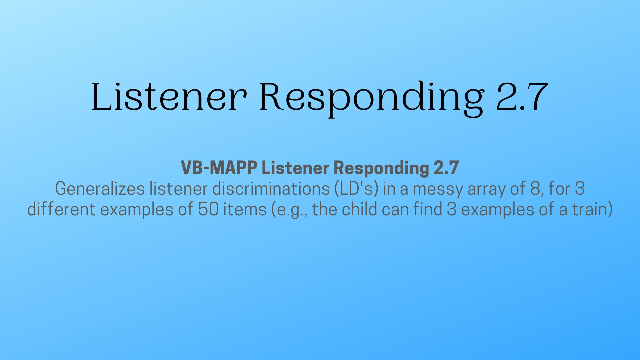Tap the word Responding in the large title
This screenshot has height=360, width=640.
pos(371,99)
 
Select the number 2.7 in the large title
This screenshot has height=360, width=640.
pos(522,97)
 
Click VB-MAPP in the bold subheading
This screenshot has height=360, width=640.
pos(219,167)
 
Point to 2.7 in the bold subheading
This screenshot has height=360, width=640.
pos(446,167)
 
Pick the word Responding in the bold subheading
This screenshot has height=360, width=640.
pos(381,168)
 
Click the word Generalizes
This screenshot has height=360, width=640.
pos(100,189)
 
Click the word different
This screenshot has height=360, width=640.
pos(61,209)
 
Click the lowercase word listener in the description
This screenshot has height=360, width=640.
pos(179,189)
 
